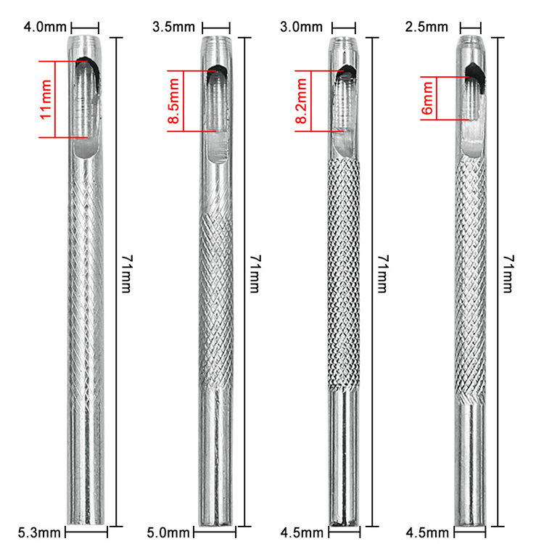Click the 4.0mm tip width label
[45, 27]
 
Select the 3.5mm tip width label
[173, 27]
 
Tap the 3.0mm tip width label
[301, 27]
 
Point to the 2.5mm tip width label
[426, 27]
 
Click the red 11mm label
[46, 99]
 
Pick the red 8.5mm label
[173, 101]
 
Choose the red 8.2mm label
[301, 101]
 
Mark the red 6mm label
[427, 98]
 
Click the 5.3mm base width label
[39, 532]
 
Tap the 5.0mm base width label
[168, 532]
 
